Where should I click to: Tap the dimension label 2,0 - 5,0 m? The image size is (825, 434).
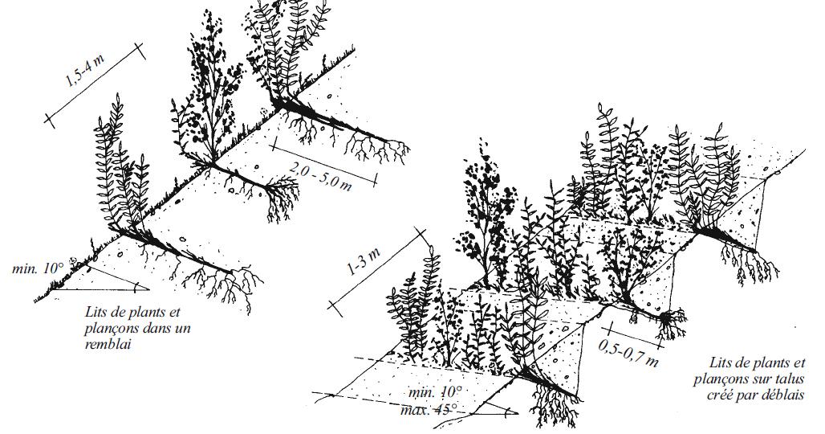[x=320, y=174]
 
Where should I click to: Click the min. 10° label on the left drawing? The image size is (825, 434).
[x=38, y=268]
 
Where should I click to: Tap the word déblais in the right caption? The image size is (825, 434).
[x=783, y=395]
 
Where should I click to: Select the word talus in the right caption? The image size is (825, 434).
[x=789, y=379]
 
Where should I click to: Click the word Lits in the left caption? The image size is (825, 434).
[x=96, y=311]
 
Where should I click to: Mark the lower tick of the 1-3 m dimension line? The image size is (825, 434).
[x=335, y=309]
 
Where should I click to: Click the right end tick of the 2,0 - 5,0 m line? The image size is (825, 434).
[x=376, y=179]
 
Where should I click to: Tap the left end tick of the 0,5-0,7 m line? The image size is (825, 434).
[x=610, y=330]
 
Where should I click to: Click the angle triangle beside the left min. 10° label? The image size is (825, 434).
[x=100, y=283]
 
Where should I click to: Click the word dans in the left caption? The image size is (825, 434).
[x=152, y=329]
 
